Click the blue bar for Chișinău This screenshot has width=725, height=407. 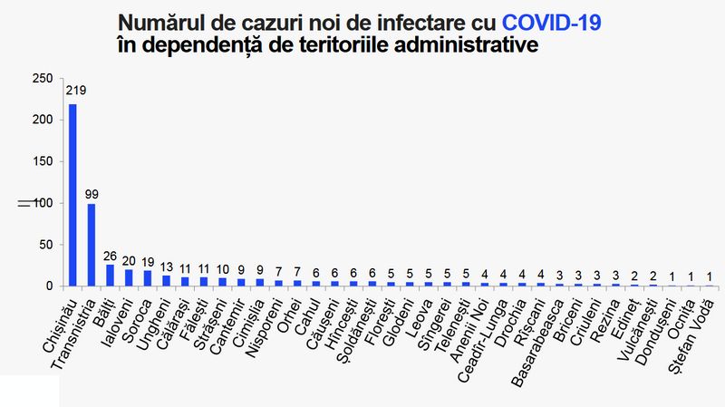72,195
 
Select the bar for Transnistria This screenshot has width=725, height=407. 92,245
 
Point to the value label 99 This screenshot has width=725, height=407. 92,194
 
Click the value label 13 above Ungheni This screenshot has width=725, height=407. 167,266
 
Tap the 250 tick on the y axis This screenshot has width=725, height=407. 43,79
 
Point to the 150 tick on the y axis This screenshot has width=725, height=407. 43,161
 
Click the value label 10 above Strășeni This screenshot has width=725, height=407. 223,268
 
